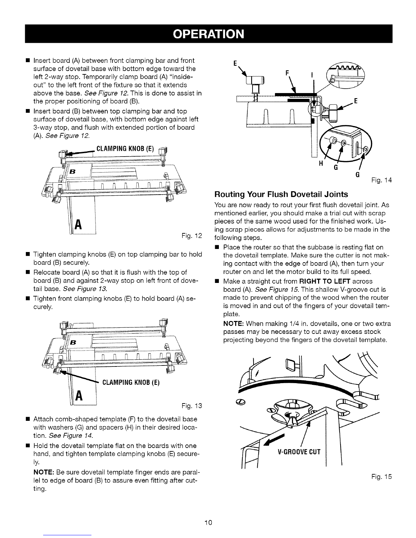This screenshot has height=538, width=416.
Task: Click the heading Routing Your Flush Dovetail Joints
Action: pyautogui.click(x=281, y=194)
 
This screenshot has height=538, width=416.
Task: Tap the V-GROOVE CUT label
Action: pyautogui.click(x=299, y=452)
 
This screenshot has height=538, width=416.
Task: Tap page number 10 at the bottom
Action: pyautogui.click(x=208, y=522)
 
